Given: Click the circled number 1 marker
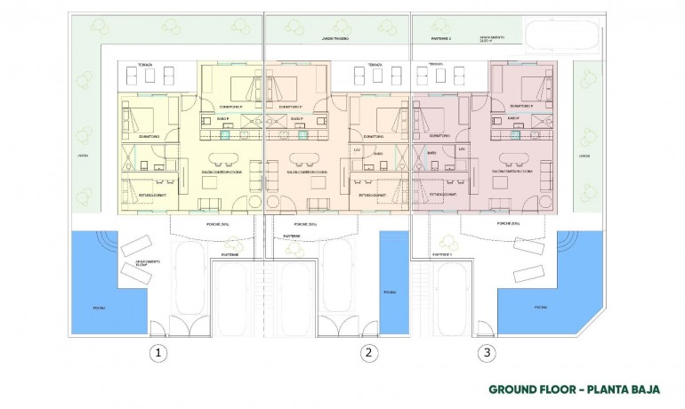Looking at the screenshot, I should point(157,353).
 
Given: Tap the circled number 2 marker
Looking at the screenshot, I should point(367,353).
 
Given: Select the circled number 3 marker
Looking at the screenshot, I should point(485,353).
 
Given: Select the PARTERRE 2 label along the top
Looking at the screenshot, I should point(442,39).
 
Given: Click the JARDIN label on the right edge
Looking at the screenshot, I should point(584,156).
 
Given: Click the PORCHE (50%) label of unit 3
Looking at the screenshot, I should point(509,223).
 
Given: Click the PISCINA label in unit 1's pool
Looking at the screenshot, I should point(99,309).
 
